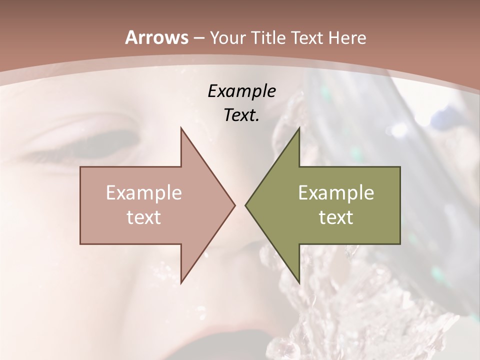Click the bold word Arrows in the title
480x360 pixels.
[x=157, y=37]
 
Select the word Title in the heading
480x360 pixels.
[x=267, y=38]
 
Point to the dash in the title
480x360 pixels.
[x=199, y=38]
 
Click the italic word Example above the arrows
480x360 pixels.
[x=241, y=91]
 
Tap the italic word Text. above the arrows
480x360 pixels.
[x=241, y=115]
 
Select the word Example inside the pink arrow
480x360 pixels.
[x=144, y=193]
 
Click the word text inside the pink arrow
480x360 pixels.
[x=144, y=217]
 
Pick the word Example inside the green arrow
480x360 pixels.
[x=336, y=193]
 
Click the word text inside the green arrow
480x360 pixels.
[x=336, y=217]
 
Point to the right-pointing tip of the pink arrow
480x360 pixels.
[x=234, y=205]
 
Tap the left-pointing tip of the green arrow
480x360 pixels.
[x=246, y=205]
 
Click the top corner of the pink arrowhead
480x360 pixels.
[x=181, y=128]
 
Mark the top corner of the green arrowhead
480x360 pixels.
[x=299, y=128]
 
